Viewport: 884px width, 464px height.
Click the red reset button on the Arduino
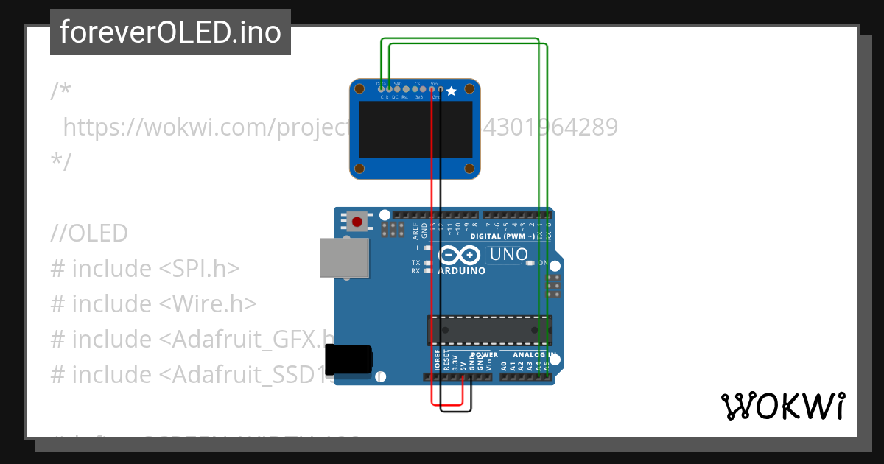tap(358, 221)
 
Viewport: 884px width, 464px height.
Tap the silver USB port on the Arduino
tap(344, 257)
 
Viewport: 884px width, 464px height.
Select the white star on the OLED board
tap(452, 91)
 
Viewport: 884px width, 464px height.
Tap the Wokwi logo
tap(782, 407)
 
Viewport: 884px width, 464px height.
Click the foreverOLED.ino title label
tap(170, 32)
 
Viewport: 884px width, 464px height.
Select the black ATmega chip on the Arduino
tap(489, 329)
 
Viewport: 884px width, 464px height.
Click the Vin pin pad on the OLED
tap(432, 89)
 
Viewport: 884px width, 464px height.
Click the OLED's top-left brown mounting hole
tap(359, 89)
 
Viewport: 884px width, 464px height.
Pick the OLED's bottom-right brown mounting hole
tap(471, 169)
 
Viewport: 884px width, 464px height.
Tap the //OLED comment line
tap(89, 233)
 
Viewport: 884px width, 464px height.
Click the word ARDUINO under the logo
tap(462, 270)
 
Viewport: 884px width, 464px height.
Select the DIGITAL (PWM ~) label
tap(502, 236)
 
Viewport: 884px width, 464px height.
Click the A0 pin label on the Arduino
tap(504, 365)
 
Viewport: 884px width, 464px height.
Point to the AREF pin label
tap(415, 232)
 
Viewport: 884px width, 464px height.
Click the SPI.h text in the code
tap(206, 268)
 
